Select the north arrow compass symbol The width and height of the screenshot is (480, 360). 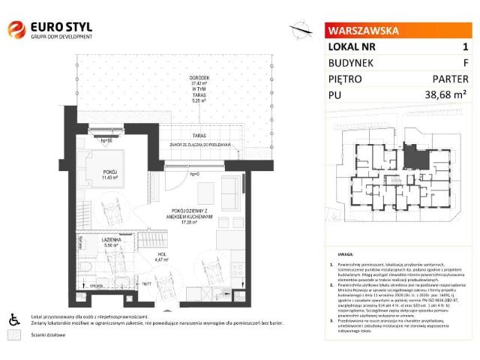point(301,31)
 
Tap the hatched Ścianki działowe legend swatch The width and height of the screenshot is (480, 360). point(13,335)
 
